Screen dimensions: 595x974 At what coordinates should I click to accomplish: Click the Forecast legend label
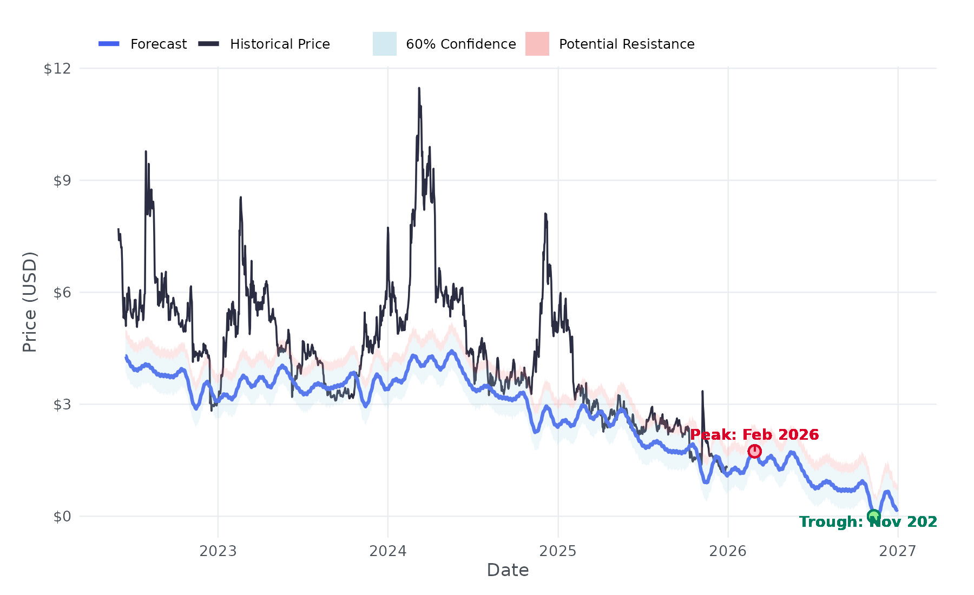(159, 44)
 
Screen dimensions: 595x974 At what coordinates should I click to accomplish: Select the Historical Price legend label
(280, 44)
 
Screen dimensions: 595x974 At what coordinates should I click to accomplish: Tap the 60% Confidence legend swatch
(384, 44)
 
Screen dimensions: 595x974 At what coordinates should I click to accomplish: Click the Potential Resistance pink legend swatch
(537, 44)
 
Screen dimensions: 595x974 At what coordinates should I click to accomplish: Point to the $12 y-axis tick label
(57, 69)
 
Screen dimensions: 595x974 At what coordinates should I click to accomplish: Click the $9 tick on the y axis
(62, 181)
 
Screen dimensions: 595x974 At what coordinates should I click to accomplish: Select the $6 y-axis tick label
(62, 293)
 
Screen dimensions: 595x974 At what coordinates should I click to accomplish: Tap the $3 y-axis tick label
(62, 405)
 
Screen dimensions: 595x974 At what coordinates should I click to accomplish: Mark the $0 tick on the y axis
(62, 517)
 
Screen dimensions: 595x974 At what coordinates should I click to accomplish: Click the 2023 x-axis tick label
(218, 551)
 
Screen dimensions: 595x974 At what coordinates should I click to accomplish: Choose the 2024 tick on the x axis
(388, 551)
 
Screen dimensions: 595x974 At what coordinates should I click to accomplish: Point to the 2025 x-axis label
(558, 551)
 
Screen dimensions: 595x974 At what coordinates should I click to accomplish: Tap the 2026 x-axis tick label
(728, 551)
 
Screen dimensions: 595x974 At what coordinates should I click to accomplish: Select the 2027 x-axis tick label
(898, 551)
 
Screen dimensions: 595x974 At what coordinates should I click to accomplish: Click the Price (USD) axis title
(30, 302)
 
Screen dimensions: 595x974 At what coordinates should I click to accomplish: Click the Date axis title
(508, 570)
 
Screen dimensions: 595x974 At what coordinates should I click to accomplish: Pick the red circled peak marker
(754, 451)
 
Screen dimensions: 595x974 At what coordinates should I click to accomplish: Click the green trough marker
(873, 516)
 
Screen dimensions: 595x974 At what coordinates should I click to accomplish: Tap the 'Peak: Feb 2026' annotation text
(754, 435)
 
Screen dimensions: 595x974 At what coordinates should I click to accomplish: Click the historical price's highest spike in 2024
(419, 89)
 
